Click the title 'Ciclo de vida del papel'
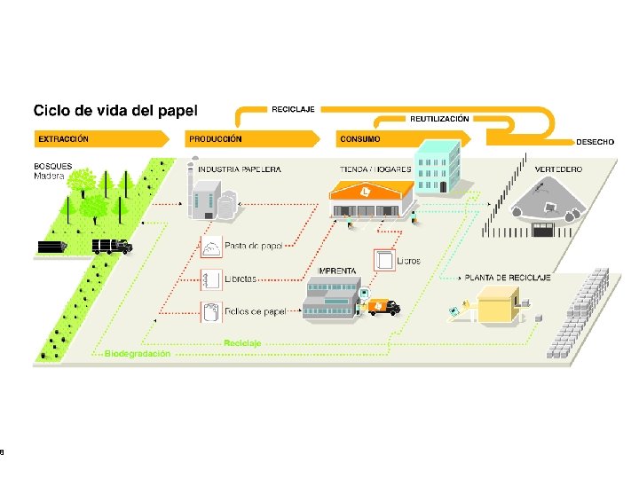[x=115, y=111]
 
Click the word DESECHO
[x=595, y=142]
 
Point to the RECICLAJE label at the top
[x=292, y=108]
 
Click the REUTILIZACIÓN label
[x=439, y=118]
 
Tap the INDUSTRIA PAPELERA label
[x=239, y=169]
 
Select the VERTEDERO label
[x=558, y=169]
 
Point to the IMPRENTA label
[x=337, y=271]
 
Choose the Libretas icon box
[x=211, y=279]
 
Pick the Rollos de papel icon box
[x=211, y=311]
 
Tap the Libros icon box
[x=384, y=260]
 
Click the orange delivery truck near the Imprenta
[x=383, y=307]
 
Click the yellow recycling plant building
[x=498, y=304]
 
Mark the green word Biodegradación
[x=138, y=353]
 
